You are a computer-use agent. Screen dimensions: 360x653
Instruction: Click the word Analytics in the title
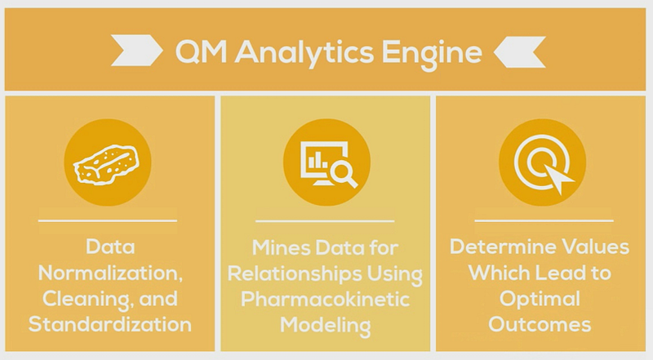[311, 54]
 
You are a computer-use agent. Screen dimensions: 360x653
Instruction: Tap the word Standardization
[109, 323]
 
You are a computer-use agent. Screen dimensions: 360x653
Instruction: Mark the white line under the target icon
[543, 220]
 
